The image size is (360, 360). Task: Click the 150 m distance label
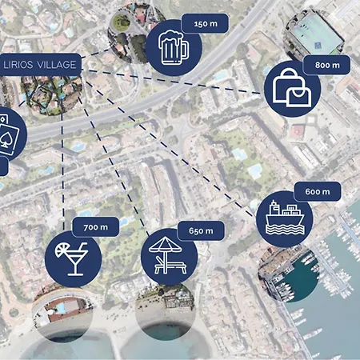point(205,24)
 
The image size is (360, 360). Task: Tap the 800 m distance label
point(326,65)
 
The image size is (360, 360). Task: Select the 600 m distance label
point(318,191)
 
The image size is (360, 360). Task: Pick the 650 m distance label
point(201,230)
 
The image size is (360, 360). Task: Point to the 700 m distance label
point(96,227)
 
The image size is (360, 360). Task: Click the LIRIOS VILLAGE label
point(40,65)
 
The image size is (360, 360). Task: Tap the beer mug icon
point(174,47)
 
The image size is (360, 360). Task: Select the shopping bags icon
point(292,88)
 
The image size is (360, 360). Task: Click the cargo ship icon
point(285,218)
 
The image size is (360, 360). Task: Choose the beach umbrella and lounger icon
point(167,255)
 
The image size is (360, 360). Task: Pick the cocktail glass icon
point(71,258)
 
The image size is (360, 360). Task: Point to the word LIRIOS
point(18,65)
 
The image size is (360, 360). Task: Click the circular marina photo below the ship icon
point(290,274)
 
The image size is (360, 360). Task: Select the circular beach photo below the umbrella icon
point(166,312)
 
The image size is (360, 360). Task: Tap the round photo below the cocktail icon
point(63,313)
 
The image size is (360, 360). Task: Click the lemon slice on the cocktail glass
point(61,251)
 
